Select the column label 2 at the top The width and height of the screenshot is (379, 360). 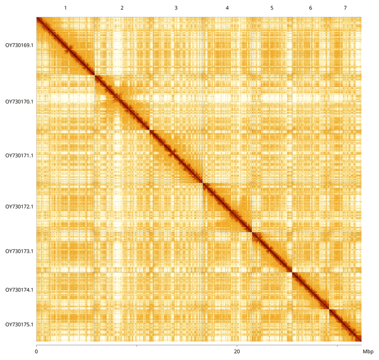click(x=122, y=8)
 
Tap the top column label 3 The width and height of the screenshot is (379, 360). click(x=176, y=8)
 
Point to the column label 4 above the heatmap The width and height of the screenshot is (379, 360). click(x=227, y=8)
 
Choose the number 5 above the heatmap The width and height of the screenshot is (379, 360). click(x=272, y=8)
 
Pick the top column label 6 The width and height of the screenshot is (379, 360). click(x=310, y=8)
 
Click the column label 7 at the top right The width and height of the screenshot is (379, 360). click(x=345, y=8)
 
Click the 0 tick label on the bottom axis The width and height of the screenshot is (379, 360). click(x=36, y=351)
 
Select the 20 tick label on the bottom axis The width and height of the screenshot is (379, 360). click(x=237, y=351)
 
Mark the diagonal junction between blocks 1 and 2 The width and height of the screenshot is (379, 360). click(x=94, y=75)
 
